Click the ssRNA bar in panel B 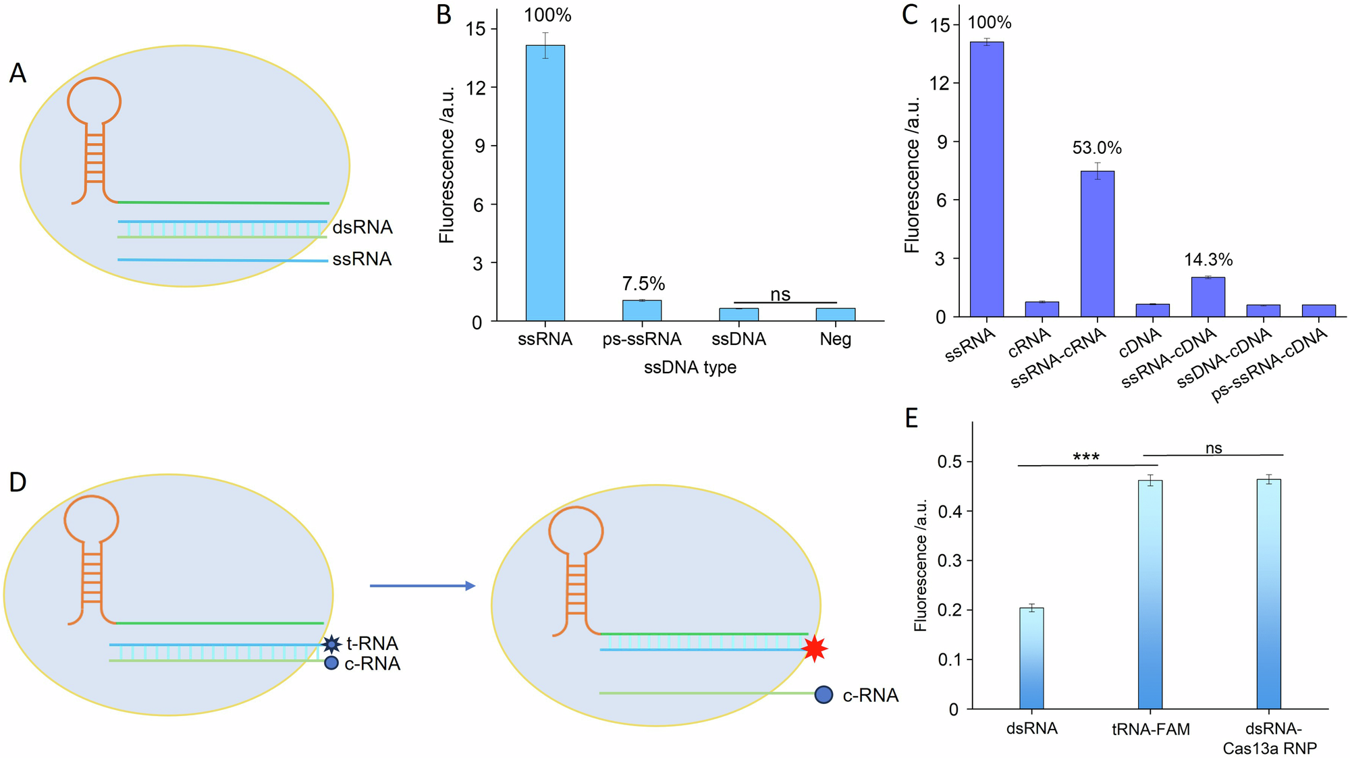point(545,182)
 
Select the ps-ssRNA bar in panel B point(642,310)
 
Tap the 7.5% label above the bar point(643,283)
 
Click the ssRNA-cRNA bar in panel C point(1097,244)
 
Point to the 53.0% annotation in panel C point(1097,148)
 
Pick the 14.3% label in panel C point(1208,260)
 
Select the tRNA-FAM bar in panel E point(1150,594)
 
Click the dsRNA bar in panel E point(1031,658)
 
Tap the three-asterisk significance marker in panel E point(1086,458)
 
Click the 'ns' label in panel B point(780,294)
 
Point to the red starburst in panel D point(815,649)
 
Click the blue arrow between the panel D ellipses point(423,586)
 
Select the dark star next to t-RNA point(331,644)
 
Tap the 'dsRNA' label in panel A point(362,227)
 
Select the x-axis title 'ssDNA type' point(690,367)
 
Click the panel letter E point(911,418)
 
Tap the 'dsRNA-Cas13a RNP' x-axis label point(1270,738)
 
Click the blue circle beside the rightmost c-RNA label point(823,695)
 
